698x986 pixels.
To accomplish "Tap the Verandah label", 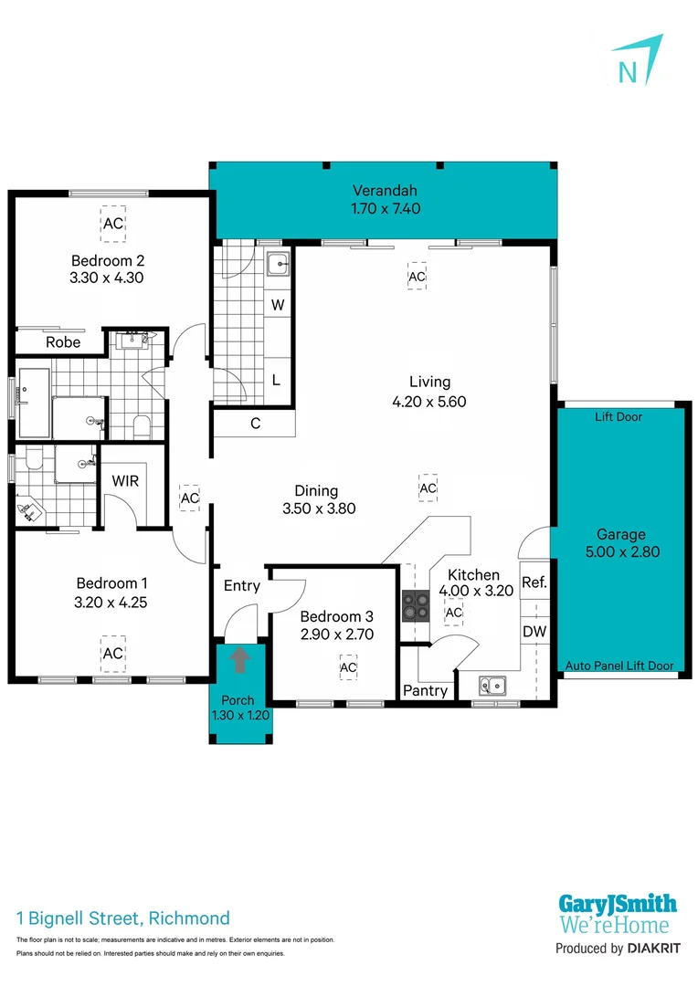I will point(386,191).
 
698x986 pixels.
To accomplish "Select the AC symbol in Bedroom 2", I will point(112,224).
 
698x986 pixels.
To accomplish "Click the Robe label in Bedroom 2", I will point(63,342).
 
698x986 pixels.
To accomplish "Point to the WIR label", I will point(125,480).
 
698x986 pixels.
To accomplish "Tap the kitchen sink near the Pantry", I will point(491,684).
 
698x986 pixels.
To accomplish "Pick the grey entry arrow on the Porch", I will point(240,658).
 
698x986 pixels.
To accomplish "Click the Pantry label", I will point(426,690).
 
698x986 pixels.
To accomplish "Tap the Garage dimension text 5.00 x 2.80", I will point(621,551).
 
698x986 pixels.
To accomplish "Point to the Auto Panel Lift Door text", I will point(619,666).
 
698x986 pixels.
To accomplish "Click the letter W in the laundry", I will point(278,304).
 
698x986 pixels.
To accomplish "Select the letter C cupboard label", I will point(255,423).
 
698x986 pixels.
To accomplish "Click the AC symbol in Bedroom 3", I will point(348,668).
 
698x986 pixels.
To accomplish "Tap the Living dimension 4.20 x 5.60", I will point(421,401).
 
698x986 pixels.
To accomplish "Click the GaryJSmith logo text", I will point(618,905).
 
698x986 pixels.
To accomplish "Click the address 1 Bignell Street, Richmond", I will point(123,918).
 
